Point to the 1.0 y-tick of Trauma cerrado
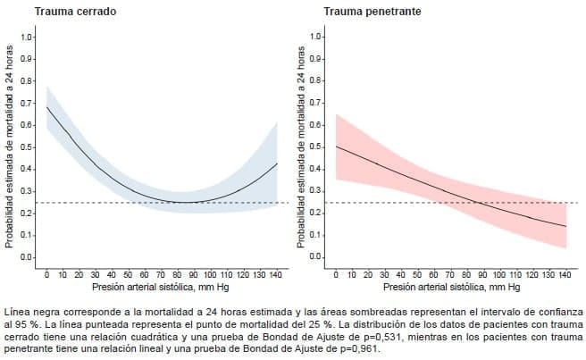[28, 38]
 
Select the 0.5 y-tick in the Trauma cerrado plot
[28, 147]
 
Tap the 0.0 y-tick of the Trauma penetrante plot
[316, 257]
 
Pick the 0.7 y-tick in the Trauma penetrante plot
[316, 104]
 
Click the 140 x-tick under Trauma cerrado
[274, 274]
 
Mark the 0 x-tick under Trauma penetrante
[336, 274]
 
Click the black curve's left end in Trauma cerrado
[46, 107]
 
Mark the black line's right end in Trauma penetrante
[565, 226]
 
